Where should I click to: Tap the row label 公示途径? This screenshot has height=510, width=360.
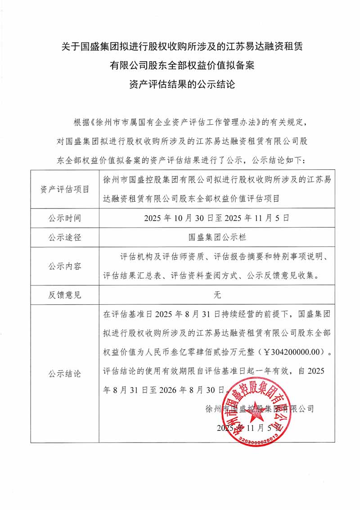(65, 237)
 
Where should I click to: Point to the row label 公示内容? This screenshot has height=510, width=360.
(65, 266)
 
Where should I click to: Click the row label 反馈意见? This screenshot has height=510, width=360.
(65, 295)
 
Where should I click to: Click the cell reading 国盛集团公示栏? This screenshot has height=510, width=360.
(217, 237)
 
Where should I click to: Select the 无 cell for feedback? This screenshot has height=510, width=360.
(217, 295)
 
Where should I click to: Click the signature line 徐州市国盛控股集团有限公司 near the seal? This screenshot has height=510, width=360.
(259, 409)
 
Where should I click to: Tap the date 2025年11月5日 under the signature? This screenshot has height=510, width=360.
(248, 428)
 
